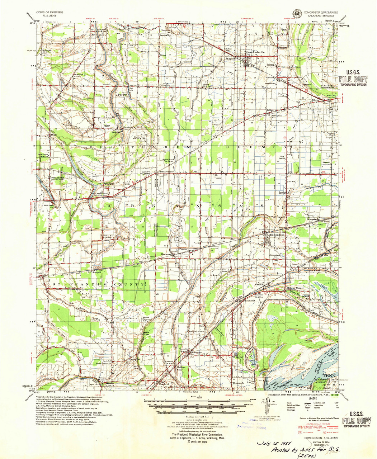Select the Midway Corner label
[295, 289]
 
